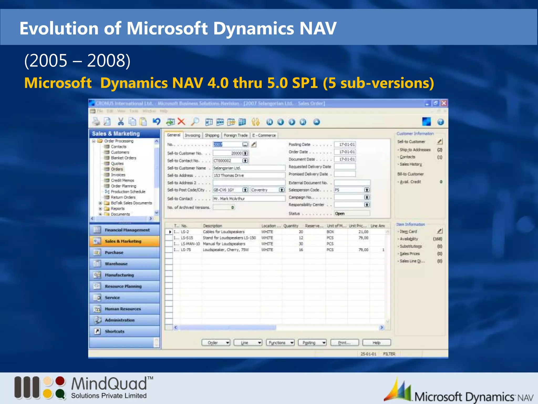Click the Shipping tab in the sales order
pyautogui.click(x=212, y=135)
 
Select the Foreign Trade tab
pyautogui.click(x=236, y=135)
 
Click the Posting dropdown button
pyautogui.click(x=312, y=343)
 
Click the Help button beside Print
pyautogui.click(x=376, y=343)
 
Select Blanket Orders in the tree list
pyautogui.click(x=123, y=158)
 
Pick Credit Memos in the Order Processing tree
pyautogui.click(x=122, y=180)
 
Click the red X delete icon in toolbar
pyautogui.click(x=181, y=122)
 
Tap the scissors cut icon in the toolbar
pyautogui.click(x=121, y=122)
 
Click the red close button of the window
pyautogui.click(x=444, y=103)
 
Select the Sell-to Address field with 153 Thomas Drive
pyautogui.click(x=249, y=175)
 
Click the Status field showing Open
pyautogui.click(x=352, y=214)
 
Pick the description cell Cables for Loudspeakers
pyautogui.click(x=224, y=232)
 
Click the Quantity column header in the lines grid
pyautogui.click(x=291, y=226)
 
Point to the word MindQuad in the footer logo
pyautogui.click(x=109, y=384)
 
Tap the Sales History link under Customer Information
pyautogui.click(x=411, y=164)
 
